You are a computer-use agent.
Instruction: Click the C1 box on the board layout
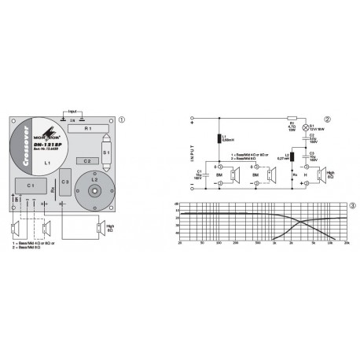[x=31, y=185]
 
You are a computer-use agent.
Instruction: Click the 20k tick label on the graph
[x=346, y=245]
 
